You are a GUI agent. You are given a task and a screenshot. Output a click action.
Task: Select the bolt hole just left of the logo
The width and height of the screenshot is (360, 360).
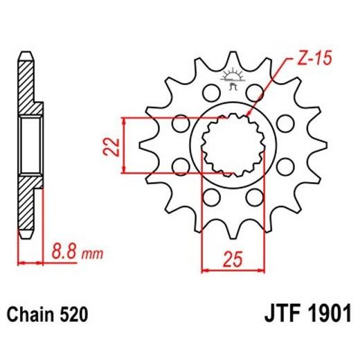208,92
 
